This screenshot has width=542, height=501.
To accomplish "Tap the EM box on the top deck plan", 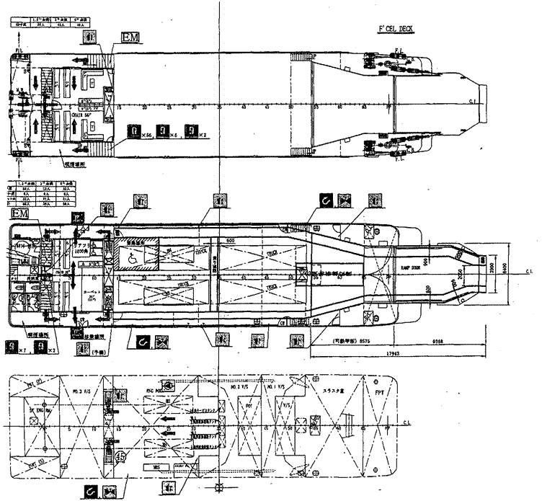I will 130,36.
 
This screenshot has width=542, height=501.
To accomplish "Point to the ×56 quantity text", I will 146,134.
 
